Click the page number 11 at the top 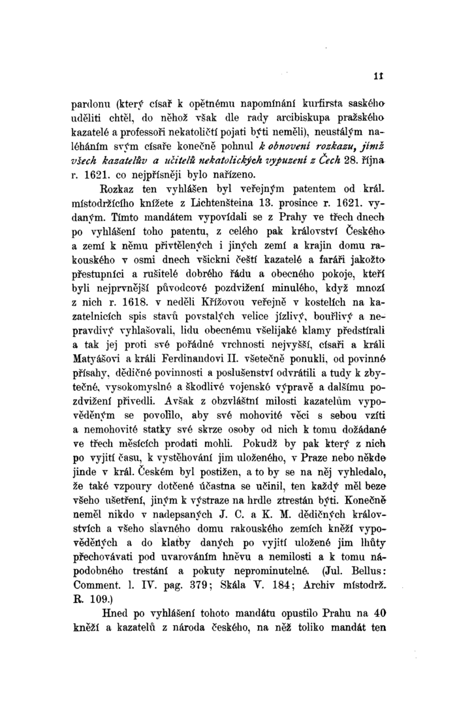click(x=378, y=75)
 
